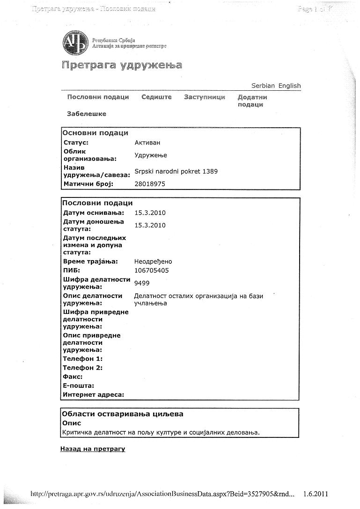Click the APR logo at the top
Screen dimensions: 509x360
tap(75, 44)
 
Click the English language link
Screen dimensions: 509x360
tap(289, 86)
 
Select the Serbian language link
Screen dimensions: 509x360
tap(263, 86)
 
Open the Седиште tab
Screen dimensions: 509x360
tap(156, 97)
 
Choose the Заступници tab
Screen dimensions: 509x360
tap(205, 97)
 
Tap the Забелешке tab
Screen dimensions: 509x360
tap(87, 114)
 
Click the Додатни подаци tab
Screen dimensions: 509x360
tap(252, 101)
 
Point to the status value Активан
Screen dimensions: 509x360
tap(147, 143)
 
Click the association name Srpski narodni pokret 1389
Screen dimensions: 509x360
tap(176, 171)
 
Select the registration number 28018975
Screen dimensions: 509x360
tap(150, 184)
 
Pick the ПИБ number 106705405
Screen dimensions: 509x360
tap(152, 270)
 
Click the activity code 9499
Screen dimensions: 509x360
tap(142, 283)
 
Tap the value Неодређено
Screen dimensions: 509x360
tap(153, 262)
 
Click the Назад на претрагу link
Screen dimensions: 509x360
tap(93, 449)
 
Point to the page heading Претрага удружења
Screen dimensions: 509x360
tap(122, 65)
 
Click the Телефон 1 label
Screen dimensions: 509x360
tap(82, 359)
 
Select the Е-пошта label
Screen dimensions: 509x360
tap(78, 385)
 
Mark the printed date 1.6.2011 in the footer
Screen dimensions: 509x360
tap(316, 494)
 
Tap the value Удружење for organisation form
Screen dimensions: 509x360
tap(151, 155)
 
